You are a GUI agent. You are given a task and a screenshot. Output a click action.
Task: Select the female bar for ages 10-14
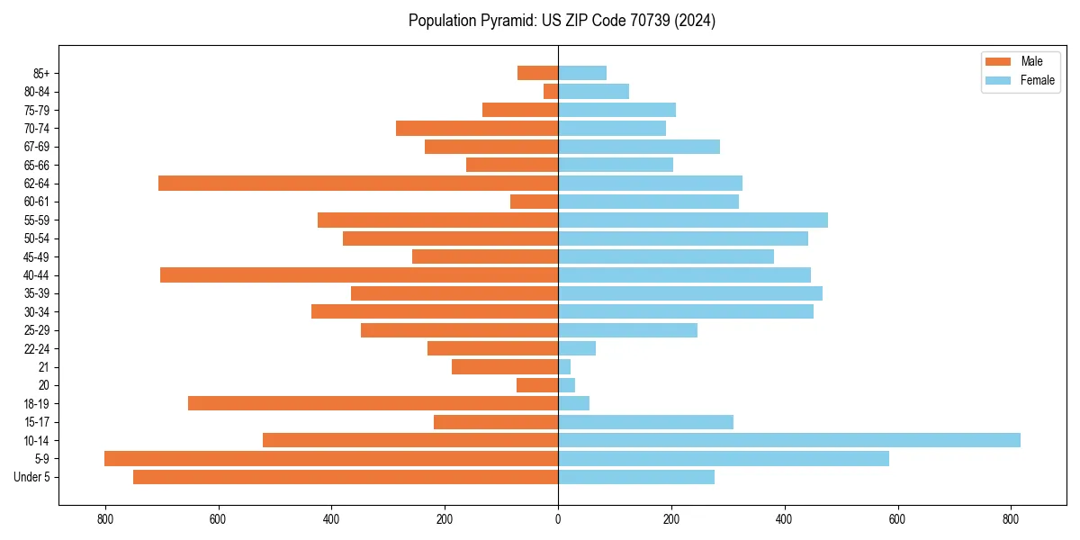click(x=789, y=440)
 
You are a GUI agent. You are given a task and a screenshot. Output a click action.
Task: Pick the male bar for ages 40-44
click(x=359, y=275)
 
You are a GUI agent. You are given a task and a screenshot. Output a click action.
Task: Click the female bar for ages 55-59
click(x=693, y=220)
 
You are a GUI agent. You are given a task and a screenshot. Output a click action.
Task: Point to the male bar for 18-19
click(x=373, y=403)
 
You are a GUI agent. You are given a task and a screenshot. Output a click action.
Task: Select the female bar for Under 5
click(x=636, y=477)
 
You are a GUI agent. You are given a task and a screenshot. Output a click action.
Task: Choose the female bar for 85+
click(x=582, y=73)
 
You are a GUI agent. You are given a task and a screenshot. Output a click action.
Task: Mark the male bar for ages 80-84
click(x=551, y=92)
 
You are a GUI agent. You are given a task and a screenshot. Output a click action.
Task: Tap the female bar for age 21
click(x=564, y=367)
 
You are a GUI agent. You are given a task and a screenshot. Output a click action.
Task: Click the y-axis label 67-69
click(x=37, y=147)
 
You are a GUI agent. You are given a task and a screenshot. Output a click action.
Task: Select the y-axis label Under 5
click(x=31, y=477)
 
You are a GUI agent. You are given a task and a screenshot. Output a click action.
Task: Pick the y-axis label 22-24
click(x=37, y=348)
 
